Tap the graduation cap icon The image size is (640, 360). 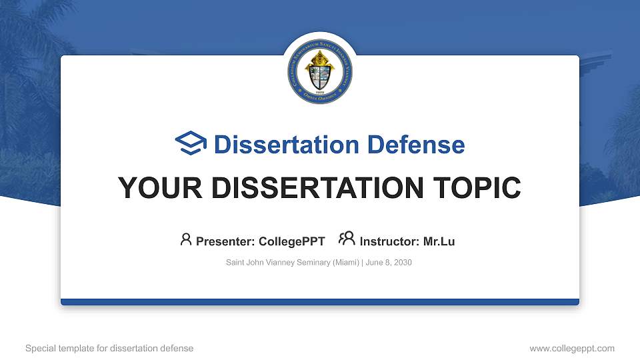point(191,143)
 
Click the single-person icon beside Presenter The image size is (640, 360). point(186,239)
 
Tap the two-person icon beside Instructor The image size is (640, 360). point(347,239)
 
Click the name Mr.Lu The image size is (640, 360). point(439,241)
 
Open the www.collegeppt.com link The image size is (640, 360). point(572,348)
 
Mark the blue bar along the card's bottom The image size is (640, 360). point(320,302)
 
